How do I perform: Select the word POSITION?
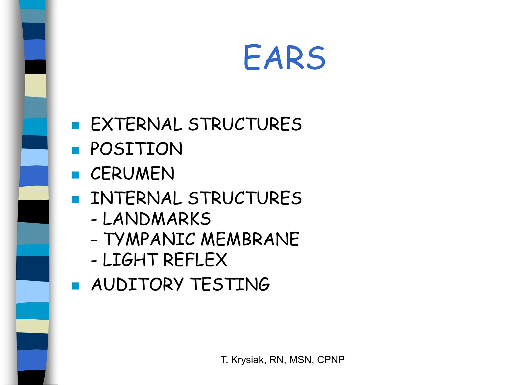pos(136,149)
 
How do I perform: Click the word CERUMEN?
pos(132,173)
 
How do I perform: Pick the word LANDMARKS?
pos(157,219)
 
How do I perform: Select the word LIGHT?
pos(130,260)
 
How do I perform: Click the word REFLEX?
pos(195,260)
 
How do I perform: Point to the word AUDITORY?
pos(138,284)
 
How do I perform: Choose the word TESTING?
pos(230,284)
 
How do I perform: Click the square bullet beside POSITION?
pos(76,150)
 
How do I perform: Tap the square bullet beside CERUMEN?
pos(76,175)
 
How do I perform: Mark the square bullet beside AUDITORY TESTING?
pos(76,286)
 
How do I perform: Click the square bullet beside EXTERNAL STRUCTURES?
pos(76,126)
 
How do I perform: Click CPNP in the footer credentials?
pos(331,360)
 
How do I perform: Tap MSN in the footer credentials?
pos(300,360)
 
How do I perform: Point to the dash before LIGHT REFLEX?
pos(94,261)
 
